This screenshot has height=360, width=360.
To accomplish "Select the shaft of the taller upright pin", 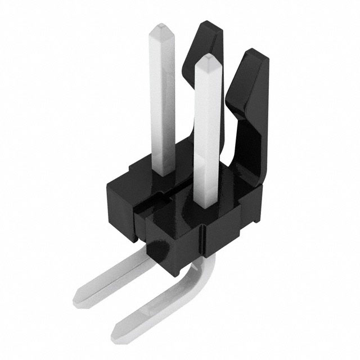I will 161,101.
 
